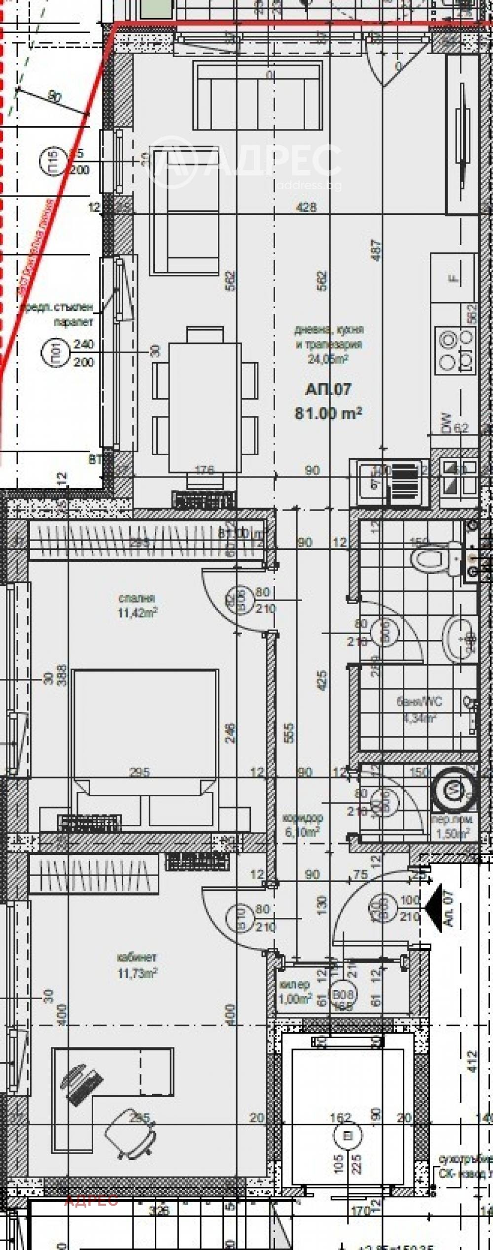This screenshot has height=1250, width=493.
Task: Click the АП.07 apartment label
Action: (x=328, y=390)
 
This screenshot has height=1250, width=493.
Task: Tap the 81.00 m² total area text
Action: (x=328, y=412)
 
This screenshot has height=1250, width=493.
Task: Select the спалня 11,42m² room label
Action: (x=137, y=606)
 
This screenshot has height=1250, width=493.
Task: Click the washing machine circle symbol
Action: (x=452, y=790)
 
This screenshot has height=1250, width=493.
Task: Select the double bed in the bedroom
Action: (x=145, y=729)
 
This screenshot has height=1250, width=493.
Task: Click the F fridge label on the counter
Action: (x=454, y=278)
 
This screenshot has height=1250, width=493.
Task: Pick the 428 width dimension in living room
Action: (x=306, y=207)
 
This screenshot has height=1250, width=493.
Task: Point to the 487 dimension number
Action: (x=376, y=250)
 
